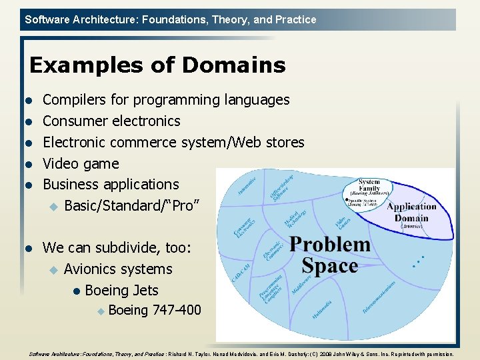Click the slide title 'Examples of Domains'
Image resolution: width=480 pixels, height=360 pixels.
(x=157, y=65)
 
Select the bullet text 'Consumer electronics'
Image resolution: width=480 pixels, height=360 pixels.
(x=111, y=121)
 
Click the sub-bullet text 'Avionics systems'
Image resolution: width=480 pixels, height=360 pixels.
(x=118, y=269)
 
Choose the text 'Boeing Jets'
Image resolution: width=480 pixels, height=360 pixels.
(x=122, y=291)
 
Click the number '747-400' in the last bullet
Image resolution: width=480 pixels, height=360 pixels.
(x=177, y=310)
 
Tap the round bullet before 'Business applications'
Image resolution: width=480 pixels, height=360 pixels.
(x=29, y=185)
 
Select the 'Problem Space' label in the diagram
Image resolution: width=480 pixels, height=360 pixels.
(x=329, y=255)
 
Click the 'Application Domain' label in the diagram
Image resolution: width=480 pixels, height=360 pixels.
(x=412, y=212)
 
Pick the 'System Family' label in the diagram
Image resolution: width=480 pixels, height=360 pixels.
(x=369, y=185)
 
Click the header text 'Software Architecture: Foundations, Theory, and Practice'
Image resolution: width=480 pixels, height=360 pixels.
(x=171, y=20)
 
